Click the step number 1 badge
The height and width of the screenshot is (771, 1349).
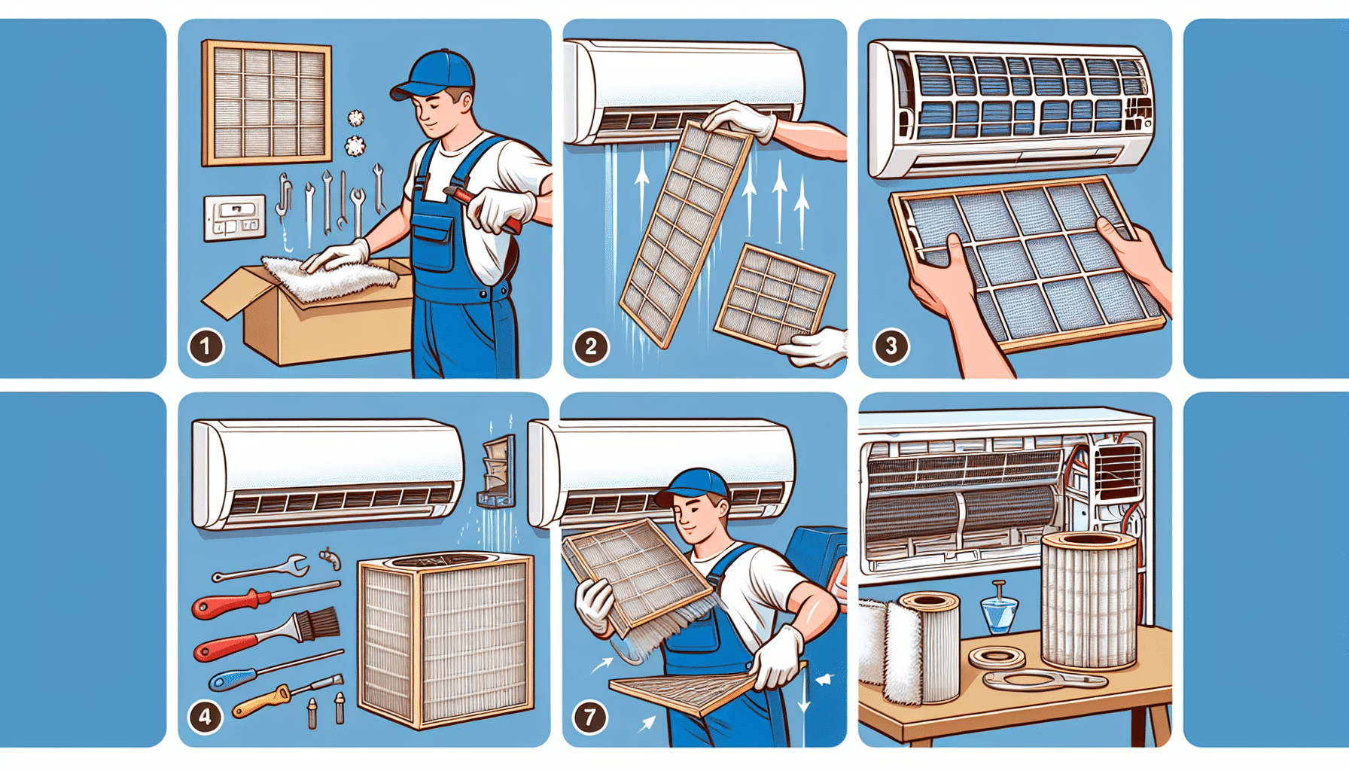tap(206, 346)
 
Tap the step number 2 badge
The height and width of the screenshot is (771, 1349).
tap(591, 346)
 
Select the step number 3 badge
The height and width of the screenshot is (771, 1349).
tap(891, 346)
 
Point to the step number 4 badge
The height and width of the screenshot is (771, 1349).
tap(206, 716)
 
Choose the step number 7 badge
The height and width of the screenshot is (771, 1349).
tap(590, 717)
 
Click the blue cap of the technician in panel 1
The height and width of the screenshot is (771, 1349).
tap(434, 74)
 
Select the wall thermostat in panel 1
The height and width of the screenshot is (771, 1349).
tap(235, 218)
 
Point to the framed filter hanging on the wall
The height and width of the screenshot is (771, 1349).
tap(266, 103)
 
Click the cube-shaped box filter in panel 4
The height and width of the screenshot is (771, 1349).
tap(446, 641)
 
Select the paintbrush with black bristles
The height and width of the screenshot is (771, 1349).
tap(267, 637)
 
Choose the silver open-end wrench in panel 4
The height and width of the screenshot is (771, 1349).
tap(261, 568)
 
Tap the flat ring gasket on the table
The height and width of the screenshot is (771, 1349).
tap(997, 657)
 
